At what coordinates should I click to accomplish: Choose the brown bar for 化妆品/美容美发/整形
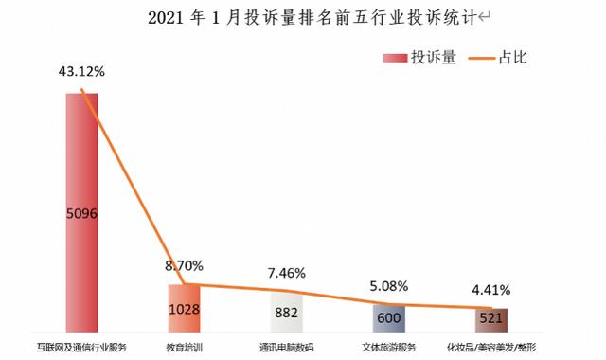coord(491,319)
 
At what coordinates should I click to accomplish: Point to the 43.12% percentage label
coord(81,72)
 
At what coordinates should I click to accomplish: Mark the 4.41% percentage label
coord(492,288)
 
